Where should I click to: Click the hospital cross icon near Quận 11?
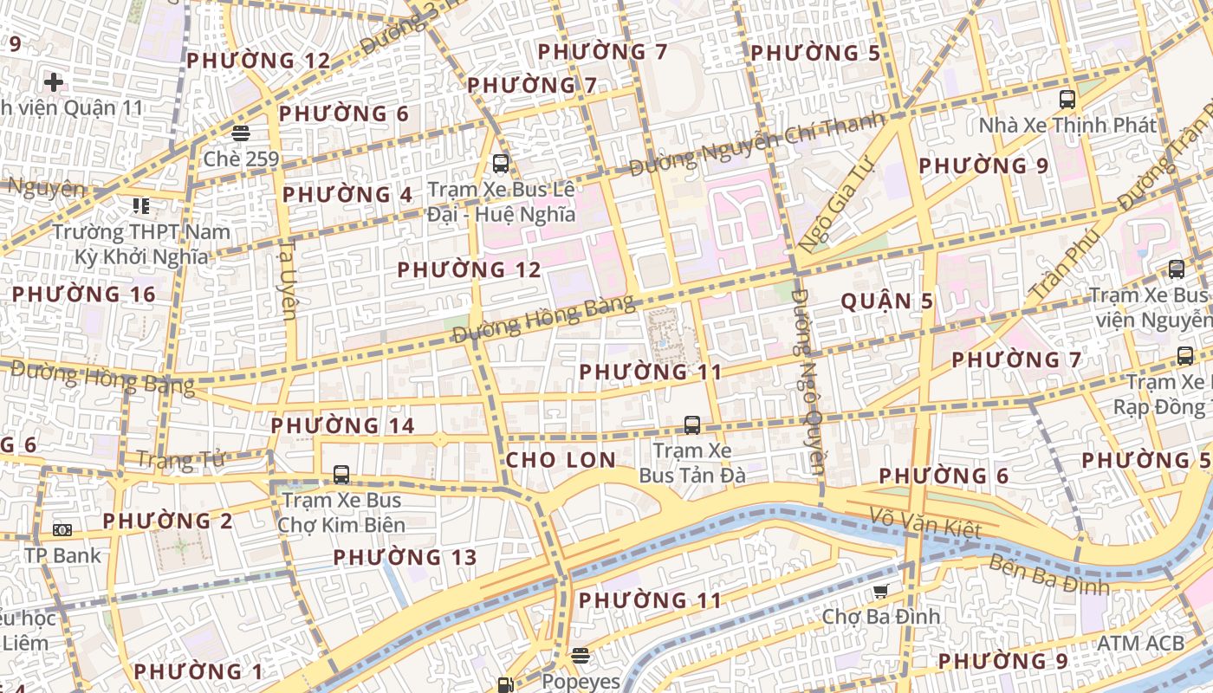point(54,82)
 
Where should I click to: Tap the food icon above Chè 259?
point(240,133)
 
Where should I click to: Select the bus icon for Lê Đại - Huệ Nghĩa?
point(500,163)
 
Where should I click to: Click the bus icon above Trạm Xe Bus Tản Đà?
point(691,424)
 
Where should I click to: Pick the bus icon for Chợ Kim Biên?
point(341,475)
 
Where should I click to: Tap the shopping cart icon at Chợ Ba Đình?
point(880,592)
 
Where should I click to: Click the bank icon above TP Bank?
point(62,529)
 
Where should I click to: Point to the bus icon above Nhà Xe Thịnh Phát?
point(1067,99)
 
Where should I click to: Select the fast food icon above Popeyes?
point(580,656)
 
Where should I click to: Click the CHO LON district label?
point(561,460)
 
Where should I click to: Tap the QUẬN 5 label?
point(887,301)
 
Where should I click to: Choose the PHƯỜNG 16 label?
point(83,295)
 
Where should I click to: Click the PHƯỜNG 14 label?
point(342,426)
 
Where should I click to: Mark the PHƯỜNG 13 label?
point(405,557)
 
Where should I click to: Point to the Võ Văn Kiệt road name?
point(925,523)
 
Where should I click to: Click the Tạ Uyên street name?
point(289,279)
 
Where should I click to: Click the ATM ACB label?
point(1140,644)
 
